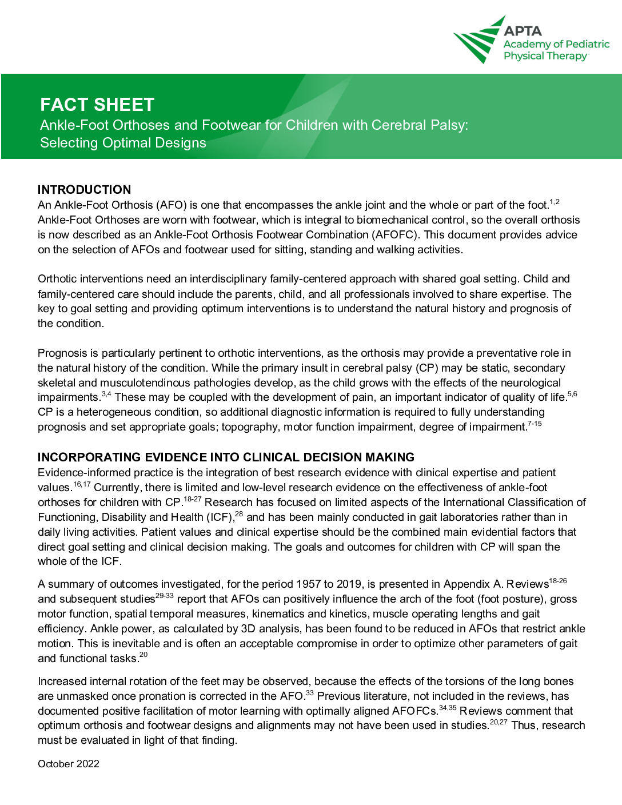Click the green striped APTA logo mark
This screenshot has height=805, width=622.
click(x=478, y=41)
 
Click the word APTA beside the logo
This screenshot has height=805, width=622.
click(x=523, y=31)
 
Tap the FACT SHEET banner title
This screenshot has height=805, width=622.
click(x=97, y=105)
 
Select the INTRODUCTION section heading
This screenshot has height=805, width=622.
click(x=84, y=190)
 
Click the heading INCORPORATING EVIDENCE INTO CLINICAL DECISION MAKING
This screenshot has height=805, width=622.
click(x=226, y=457)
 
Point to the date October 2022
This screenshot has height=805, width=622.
click(x=69, y=764)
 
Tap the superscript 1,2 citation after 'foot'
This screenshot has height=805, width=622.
click(x=555, y=202)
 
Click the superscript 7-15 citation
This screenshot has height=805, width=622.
click(x=535, y=424)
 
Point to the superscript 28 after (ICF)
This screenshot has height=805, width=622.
click(x=239, y=514)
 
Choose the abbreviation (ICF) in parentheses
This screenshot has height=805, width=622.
click(x=220, y=517)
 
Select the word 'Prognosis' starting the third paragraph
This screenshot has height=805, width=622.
click(x=62, y=353)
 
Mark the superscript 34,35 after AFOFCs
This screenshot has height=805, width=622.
click(x=448, y=708)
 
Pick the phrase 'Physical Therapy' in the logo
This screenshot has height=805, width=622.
click(x=545, y=56)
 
